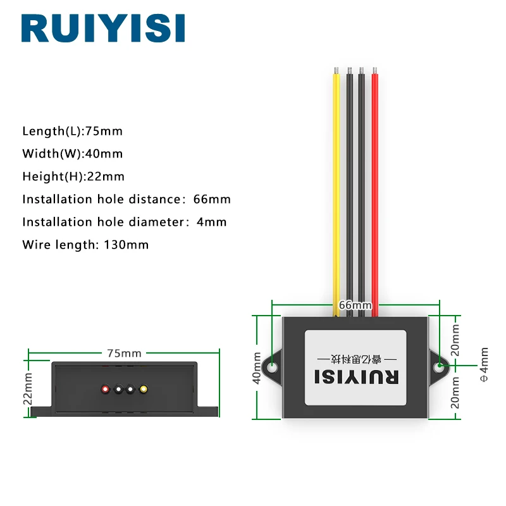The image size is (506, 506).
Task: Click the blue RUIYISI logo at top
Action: coord(103,28)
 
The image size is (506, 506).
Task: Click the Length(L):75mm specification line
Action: coord(73,132)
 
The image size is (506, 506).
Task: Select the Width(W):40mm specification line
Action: coord(73,154)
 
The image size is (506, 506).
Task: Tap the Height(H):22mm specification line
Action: coord(73,176)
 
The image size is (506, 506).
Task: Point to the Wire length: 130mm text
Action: coord(85,245)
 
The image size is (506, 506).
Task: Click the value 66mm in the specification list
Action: coord(212,199)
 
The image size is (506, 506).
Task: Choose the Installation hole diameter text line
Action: coord(125,222)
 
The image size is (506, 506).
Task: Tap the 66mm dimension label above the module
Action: coord(355,305)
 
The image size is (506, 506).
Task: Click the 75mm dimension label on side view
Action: coord(124,354)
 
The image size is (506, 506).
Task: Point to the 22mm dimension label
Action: coord(28,388)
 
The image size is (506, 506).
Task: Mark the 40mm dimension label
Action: coord(257,368)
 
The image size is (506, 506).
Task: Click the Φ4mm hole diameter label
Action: coord(484,365)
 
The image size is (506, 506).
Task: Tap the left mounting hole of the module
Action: coord(273,367)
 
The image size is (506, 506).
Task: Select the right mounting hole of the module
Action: coord(439,367)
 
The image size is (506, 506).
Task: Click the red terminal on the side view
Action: coord(105,389)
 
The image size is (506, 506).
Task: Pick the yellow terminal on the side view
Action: coord(144,389)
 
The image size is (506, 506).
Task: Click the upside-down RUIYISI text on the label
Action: coord(357,377)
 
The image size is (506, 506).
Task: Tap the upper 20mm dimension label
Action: coord(455,340)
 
